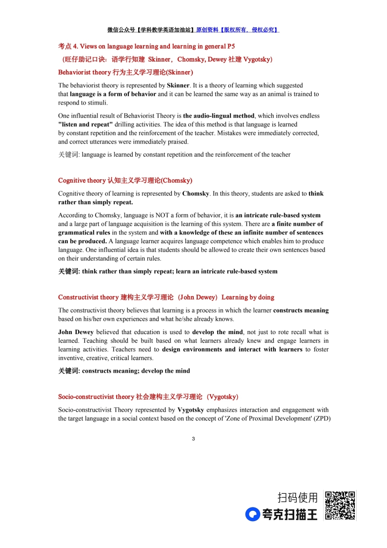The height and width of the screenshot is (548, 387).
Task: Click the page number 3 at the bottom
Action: point(193,439)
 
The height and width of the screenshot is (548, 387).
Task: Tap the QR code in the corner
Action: point(340,506)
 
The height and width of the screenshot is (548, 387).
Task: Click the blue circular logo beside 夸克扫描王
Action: point(252,514)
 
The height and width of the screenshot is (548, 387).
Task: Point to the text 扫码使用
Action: point(297,498)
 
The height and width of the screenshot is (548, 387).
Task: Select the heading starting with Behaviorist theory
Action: point(125,72)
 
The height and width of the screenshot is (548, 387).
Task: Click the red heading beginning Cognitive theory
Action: point(125,180)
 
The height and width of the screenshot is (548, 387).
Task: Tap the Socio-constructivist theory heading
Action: point(148,397)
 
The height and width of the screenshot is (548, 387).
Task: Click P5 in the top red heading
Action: point(231,46)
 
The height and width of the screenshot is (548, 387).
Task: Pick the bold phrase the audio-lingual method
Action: point(219,116)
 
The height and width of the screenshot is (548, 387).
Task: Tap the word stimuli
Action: point(97,103)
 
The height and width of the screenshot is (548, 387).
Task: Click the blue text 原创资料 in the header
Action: point(207,30)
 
